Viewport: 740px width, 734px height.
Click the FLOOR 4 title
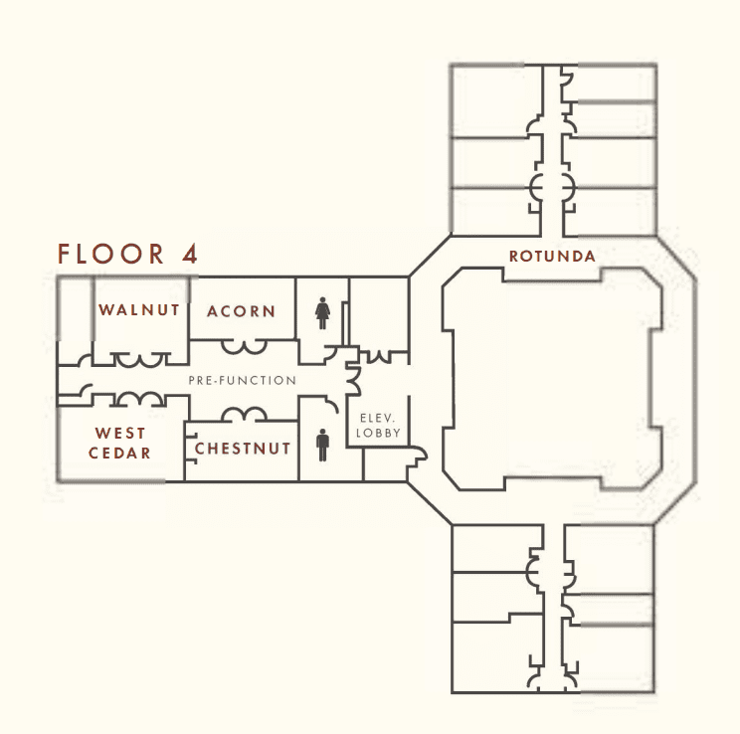[x=127, y=254]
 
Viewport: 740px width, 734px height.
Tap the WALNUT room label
[x=139, y=310]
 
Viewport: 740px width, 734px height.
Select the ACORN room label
[x=241, y=311]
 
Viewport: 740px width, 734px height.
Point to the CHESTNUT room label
[x=243, y=449]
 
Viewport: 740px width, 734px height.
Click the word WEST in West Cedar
[x=120, y=433]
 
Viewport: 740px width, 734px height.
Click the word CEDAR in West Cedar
[x=119, y=454]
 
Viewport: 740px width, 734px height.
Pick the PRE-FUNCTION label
[x=242, y=381]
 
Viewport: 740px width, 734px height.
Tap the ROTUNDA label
[x=552, y=257]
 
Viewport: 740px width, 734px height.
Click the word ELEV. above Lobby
[x=378, y=418]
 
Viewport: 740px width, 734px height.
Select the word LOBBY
[x=378, y=433]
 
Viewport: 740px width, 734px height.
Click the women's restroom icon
[x=323, y=313]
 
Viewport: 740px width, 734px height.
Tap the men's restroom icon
[x=323, y=445]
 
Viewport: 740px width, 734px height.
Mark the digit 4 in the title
[x=190, y=254]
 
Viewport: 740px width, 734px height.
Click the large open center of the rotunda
[x=552, y=378]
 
